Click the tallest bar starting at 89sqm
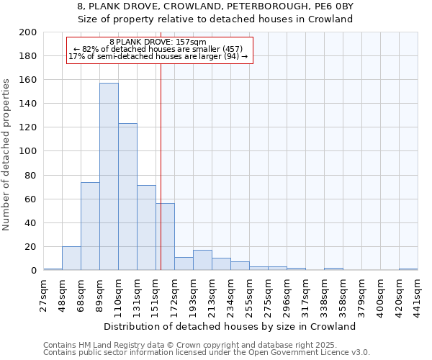coord(109,176)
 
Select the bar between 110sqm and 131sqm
coord(127,197)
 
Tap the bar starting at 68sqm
coord(90,226)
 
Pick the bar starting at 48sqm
coord(71,258)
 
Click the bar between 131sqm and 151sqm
coord(146,228)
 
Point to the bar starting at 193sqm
coord(202,261)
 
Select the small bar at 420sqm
coord(408,269)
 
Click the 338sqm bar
coord(333,269)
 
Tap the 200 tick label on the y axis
coord(28,32)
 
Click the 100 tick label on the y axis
coord(28,152)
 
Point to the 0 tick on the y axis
coord(33,271)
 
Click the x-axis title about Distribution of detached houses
coord(230,326)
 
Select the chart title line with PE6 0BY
coord(215,6)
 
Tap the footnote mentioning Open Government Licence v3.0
coord(207,352)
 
